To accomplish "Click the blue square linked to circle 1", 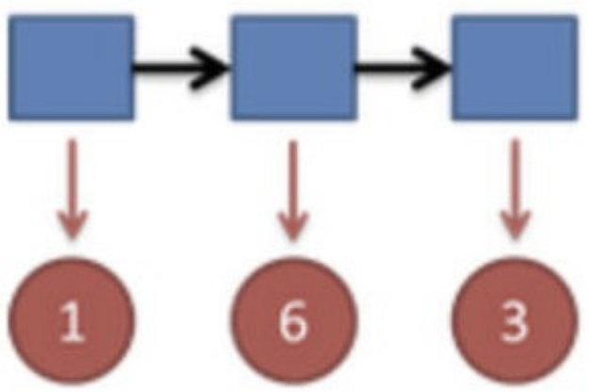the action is click(x=71, y=68).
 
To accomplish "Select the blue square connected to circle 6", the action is click(x=293, y=68).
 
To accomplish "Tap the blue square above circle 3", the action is click(x=514, y=68).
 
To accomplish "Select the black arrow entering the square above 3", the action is click(x=403, y=68).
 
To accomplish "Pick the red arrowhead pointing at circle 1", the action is click(x=72, y=225).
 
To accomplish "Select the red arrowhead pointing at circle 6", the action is click(x=293, y=225).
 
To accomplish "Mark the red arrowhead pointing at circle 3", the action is click(x=515, y=225).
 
